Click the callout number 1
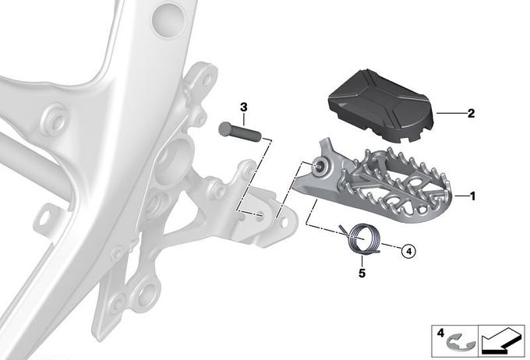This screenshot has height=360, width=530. tap(472, 196)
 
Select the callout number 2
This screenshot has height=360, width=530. tap(471, 113)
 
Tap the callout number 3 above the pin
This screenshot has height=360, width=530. tap(244, 108)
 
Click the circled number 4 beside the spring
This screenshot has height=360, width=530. tap(408, 252)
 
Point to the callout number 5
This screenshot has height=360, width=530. tap(362, 273)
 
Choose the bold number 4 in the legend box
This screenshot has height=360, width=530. tap(440, 334)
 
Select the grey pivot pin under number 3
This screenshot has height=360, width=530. tap(240, 132)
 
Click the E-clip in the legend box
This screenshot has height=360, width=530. tap(457, 341)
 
